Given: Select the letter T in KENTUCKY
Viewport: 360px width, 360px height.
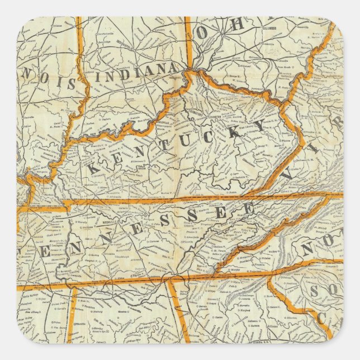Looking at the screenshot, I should click(x=158, y=147).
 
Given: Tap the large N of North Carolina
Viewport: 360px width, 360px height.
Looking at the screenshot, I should click(x=309, y=247).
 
